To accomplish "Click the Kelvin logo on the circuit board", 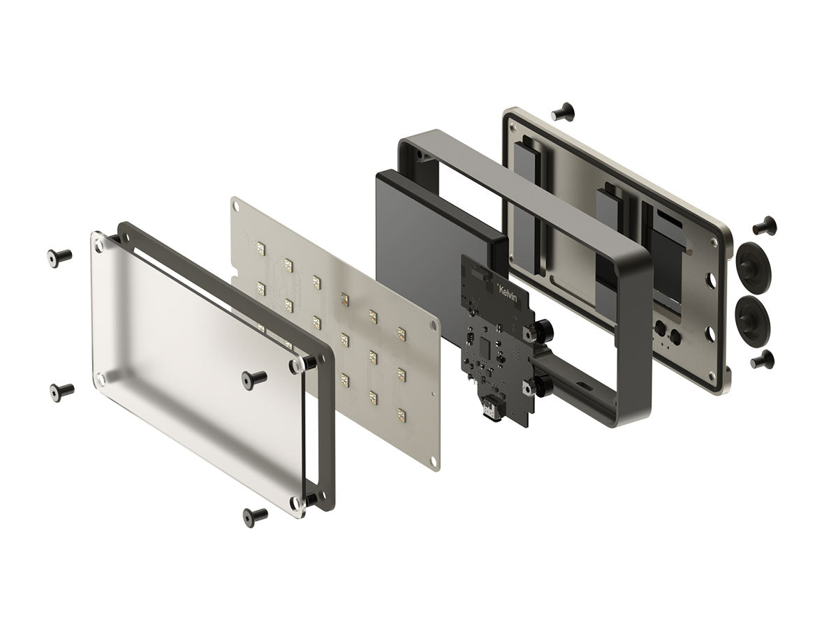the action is tap(507, 293).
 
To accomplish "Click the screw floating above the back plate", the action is tap(563, 111).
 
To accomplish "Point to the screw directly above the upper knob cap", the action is tap(764, 225).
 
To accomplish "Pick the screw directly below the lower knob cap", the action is tap(762, 359).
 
